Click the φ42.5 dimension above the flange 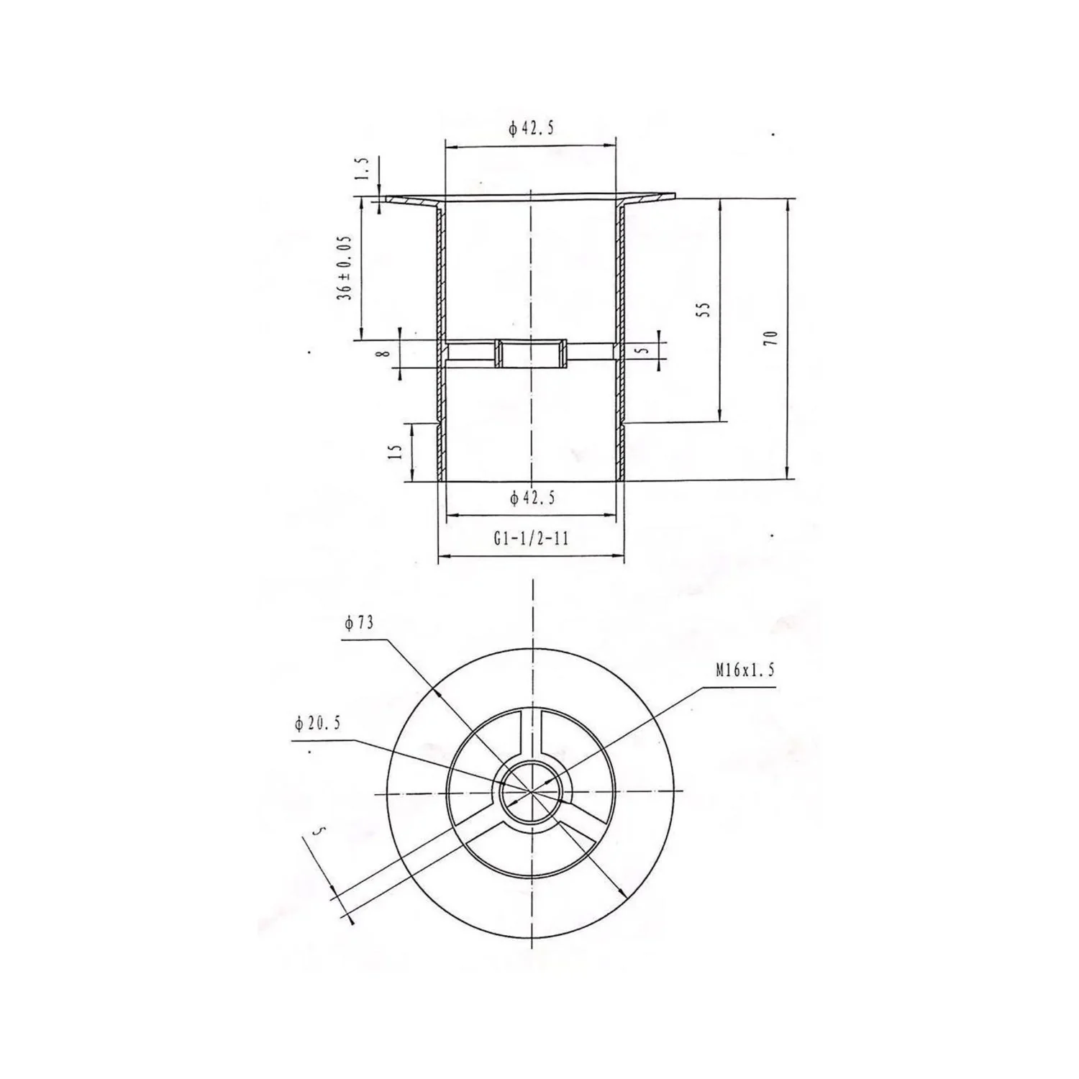(532, 129)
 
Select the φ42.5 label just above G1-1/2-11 (532, 498)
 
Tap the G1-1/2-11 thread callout (531, 538)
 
